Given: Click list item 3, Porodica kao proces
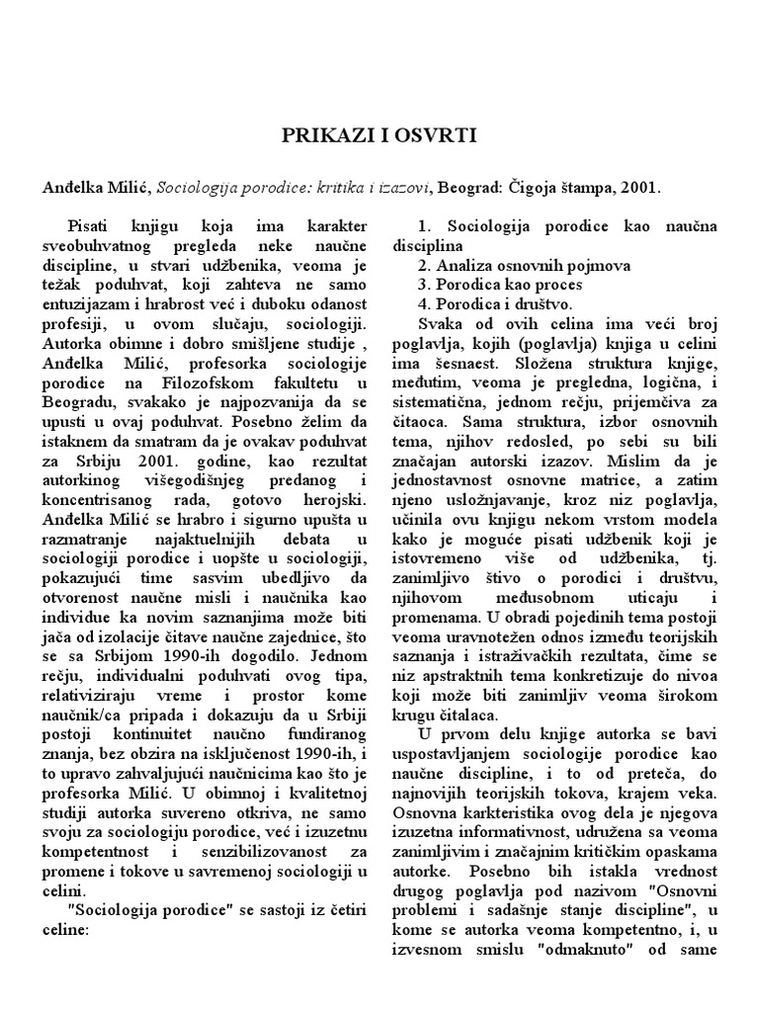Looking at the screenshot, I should (502, 284).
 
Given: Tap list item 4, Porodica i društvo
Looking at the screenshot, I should (502, 302).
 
